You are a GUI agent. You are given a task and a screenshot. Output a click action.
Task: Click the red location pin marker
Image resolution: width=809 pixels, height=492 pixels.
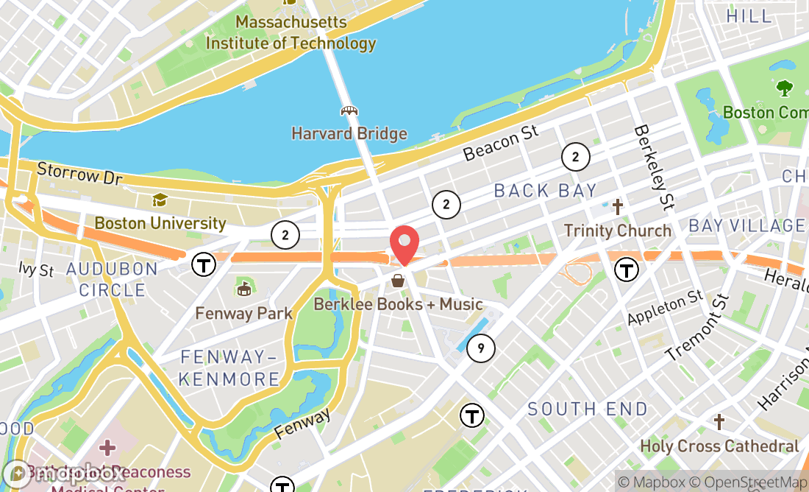pyautogui.click(x=404, y=244)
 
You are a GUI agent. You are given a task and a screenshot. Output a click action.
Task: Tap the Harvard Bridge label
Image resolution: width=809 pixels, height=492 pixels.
pyautogui.click(x=349, y=134)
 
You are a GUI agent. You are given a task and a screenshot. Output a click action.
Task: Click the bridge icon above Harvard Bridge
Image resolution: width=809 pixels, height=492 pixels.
pyautogui.click(x=349, y=111)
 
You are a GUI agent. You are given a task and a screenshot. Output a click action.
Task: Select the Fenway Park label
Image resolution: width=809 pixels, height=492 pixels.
pyautogui.click(x=243, y=313)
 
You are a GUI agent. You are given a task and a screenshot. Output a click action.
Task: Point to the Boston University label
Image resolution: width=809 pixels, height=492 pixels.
pyautogui.click(x=160, y=222)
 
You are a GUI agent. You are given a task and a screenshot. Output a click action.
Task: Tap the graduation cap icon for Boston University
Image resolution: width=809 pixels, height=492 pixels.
pyautogui.click(x=160, y=200)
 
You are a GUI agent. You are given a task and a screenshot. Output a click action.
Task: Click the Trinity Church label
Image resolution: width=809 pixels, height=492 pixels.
pyautogui.click(x=617, y=231)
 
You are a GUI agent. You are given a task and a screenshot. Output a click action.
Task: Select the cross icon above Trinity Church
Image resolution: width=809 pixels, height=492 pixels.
pyautogui.click(x=617, y=207)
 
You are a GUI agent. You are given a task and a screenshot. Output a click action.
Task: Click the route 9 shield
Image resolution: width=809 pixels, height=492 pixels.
pyautogui.click(x=480, y=348)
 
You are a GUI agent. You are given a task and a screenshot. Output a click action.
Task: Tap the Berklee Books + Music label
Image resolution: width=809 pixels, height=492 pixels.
pyautogui.click(x=399, y=303)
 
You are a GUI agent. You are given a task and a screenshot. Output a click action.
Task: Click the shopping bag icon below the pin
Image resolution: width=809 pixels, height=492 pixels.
pyautogui.click(x=398, y=281)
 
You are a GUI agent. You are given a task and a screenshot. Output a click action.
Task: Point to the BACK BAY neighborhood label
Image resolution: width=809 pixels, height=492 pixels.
pyautogui.click(x=545, y=191)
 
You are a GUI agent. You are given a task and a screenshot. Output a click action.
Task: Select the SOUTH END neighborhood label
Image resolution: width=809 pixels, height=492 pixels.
pyautogui.click(x=588, y=409)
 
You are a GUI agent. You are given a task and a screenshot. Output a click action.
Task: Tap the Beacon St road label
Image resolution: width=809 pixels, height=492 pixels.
pyautogui.click(x=501, y=143)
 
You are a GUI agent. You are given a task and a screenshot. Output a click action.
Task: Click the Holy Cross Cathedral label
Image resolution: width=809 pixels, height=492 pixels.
pyautogui.click(x=719, y=446)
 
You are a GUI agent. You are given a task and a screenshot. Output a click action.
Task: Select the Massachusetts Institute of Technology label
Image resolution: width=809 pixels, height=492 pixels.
pyautogui.click(x=291, y=32)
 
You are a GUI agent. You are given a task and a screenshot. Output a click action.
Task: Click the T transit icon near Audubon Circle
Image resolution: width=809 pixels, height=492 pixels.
pyautogui.click(x=203, y=264)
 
